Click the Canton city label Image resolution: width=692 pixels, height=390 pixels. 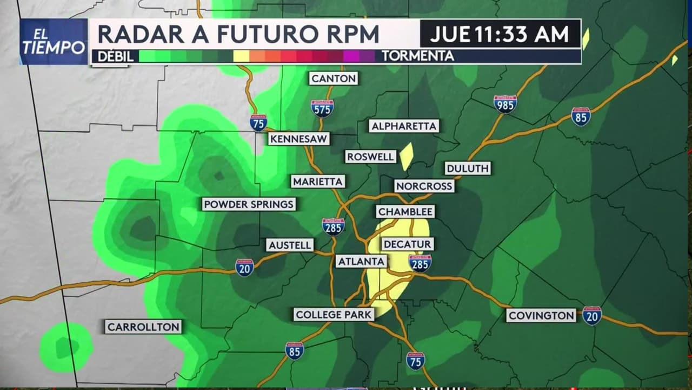334,79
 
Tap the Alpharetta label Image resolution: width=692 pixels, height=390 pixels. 404,126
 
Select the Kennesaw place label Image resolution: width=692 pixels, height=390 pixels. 299,139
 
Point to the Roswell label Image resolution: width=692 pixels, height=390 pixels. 371,157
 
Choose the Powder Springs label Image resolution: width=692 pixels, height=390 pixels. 249,204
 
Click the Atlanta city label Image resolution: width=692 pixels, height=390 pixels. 361,262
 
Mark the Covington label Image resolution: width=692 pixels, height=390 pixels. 541,315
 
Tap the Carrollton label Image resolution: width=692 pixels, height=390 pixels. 143,327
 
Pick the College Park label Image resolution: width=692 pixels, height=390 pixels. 334,314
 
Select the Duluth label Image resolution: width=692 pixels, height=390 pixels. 468,168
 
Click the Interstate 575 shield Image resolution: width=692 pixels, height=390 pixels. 322,108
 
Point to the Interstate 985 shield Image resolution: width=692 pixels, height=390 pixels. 505,104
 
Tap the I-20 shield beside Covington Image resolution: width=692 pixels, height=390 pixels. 592,315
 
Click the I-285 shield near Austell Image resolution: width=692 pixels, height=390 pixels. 333,226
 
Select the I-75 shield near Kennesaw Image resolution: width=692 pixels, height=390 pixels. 258,123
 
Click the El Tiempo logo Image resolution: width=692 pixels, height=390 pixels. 54,42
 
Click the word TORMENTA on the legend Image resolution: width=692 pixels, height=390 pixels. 417,56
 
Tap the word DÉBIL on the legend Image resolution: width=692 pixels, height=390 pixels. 115,56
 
